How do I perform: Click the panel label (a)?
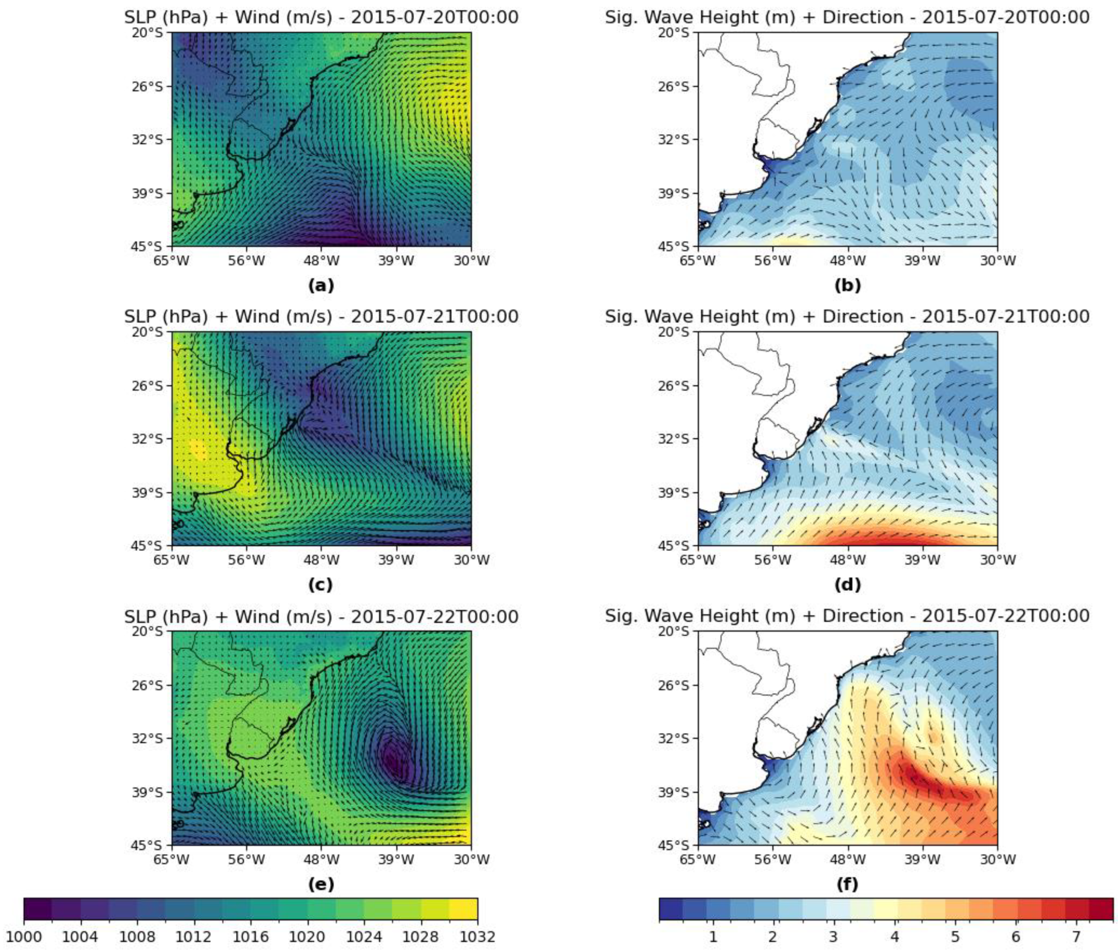click(321, 285)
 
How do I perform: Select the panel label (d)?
click(847, 585)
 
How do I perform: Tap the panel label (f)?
click(847, 884)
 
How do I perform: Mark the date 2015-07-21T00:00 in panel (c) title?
click(434, 316)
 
